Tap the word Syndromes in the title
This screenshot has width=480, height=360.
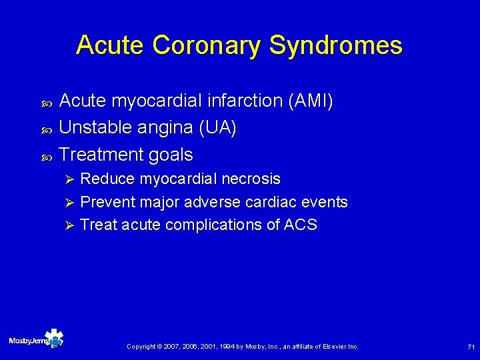336,45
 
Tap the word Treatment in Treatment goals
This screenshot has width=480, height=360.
99,155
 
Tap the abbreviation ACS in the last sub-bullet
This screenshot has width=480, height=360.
300,225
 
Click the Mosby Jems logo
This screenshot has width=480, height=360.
36,340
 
